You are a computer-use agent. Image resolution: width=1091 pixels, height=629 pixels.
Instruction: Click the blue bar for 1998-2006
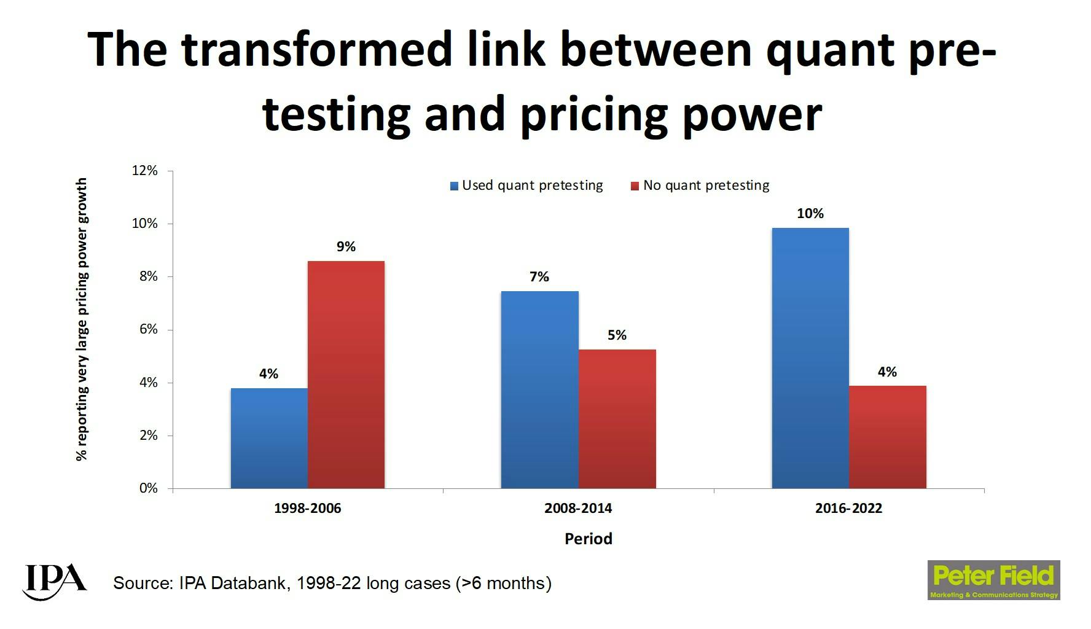click(269, 438)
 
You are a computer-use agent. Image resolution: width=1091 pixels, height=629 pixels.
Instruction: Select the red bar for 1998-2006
click(346, 375)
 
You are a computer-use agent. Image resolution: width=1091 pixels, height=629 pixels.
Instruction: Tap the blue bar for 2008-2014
click(539, 389)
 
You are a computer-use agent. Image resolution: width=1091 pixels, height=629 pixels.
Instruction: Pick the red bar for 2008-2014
click(617, 419)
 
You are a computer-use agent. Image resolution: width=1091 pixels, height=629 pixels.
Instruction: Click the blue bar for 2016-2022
click(810, 358)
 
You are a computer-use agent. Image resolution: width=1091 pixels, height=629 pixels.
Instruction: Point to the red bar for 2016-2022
click(887, 437)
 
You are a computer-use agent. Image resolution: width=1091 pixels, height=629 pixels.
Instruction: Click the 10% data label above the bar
click(810, 214)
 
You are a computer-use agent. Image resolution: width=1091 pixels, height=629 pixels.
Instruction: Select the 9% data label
click(346, 247)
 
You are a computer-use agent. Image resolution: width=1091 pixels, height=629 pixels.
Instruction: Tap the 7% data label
click(539, 277)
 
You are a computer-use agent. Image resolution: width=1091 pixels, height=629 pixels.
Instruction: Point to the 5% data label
click(617, 335)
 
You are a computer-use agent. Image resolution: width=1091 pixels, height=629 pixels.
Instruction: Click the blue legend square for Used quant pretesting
click(455, 186)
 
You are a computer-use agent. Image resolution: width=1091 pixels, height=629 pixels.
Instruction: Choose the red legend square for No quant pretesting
click(635, 186)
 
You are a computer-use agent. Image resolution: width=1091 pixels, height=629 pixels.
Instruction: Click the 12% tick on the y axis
click(145, 171)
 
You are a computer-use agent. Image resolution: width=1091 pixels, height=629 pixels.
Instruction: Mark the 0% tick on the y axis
click(149, 488)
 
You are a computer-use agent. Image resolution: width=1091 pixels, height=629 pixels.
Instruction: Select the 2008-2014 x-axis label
click(578, 509)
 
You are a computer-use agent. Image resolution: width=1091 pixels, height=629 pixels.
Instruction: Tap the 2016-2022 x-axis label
click(848, 509)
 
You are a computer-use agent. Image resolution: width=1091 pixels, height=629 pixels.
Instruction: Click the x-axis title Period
click(588, 539)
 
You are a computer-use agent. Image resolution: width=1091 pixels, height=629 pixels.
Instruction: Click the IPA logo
click(54, 580)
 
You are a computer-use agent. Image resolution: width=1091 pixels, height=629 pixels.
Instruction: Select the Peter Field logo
click(993, 580)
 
